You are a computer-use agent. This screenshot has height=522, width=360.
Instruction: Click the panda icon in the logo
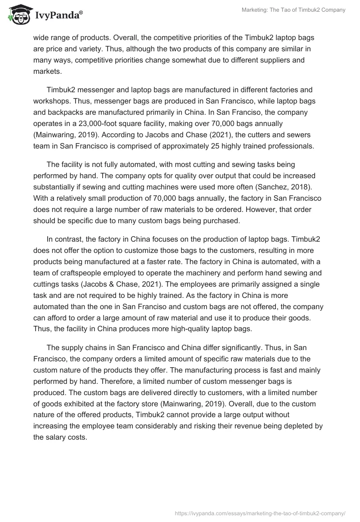(x=17, y=14)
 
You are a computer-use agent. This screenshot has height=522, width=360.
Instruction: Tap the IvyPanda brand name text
(x=57, y=15)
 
